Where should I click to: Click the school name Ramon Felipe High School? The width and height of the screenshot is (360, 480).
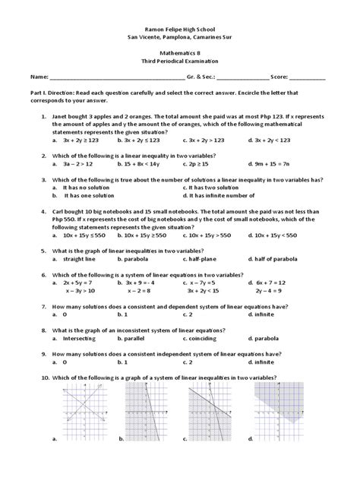pyautogui.click(x=179, y=26)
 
